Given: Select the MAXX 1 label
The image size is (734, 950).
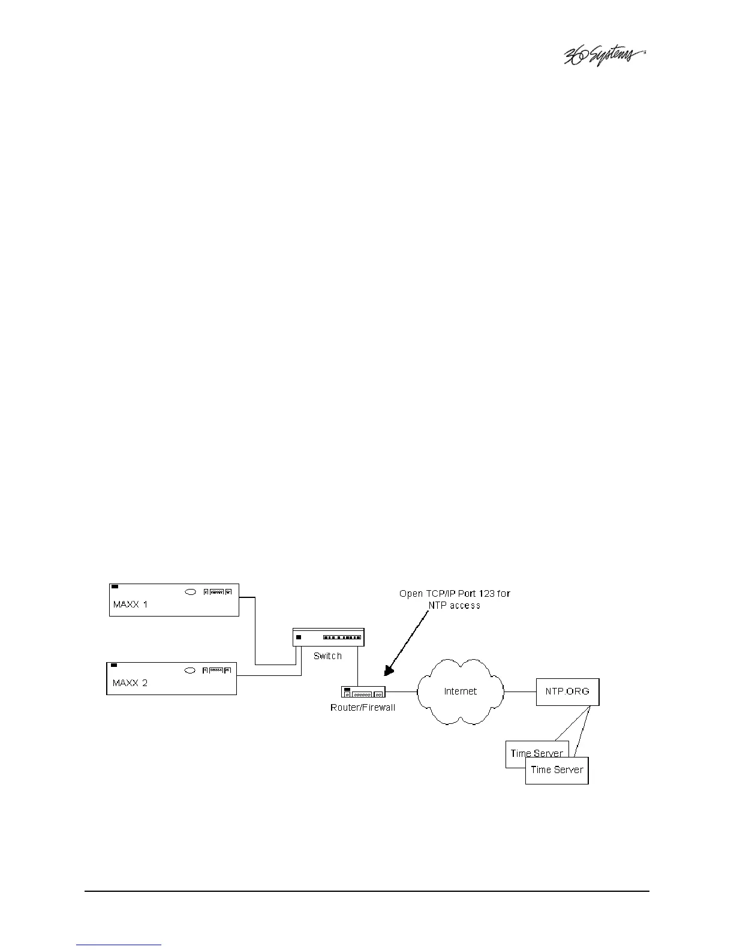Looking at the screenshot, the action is coord(130,605).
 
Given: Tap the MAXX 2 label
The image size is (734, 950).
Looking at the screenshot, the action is coord(130,683).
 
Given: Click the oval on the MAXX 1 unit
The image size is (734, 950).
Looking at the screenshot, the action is coord(190,592).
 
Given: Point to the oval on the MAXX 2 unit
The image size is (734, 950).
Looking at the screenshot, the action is coord(190,670).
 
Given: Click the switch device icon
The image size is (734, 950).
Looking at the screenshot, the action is coord(328,637).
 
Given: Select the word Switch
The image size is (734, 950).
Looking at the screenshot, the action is coord(327,656).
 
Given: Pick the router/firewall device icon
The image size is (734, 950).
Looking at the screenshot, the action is coord(363,692).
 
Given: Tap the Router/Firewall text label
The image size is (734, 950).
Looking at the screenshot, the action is coord(363,708).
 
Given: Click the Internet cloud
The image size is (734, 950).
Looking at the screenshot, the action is coord(460,692).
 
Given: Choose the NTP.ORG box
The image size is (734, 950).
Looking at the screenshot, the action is coord(567,691).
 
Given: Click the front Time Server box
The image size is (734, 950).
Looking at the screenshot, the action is coord(557,770).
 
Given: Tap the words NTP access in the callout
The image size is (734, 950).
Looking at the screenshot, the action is coord(454,605).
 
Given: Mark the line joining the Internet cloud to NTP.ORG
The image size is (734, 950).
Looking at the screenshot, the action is coord(519,691).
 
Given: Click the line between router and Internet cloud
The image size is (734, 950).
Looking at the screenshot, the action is coord(402,692).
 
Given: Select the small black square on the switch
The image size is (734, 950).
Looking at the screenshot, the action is coord(298,637).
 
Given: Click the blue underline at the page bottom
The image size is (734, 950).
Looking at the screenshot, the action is coord(119,945).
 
